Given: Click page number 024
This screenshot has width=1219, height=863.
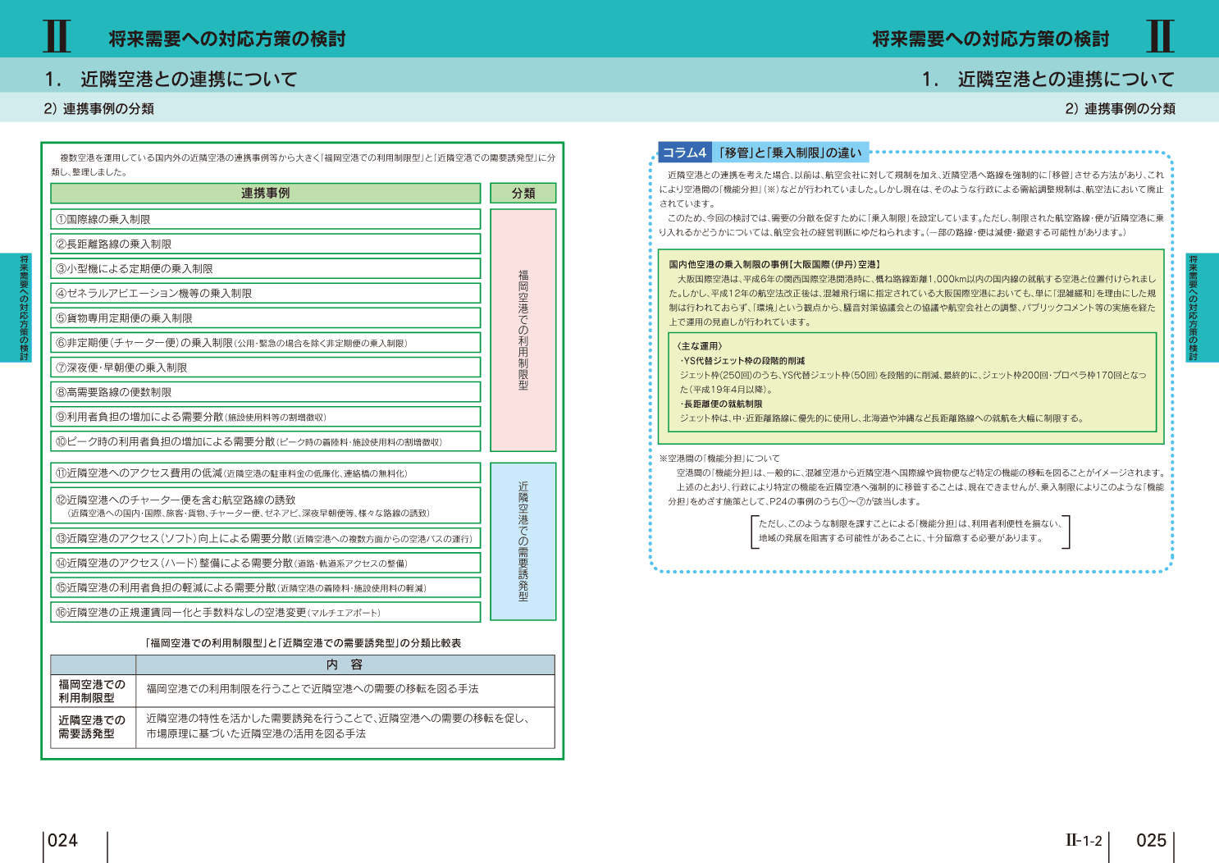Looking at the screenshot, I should click(63, 840).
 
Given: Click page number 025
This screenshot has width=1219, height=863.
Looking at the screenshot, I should click(1151, 840).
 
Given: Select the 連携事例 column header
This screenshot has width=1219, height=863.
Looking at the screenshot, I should click(265, 193).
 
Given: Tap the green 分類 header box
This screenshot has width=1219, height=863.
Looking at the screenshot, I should click(523, 193).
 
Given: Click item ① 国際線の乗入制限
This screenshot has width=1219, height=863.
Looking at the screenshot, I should click(103, 219).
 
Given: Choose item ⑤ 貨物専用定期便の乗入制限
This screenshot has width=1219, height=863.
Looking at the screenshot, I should click(124, 318).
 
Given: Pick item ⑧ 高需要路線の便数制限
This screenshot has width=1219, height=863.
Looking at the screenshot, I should click(114, 392).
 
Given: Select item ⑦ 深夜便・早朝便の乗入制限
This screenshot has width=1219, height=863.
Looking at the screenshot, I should click(121, 368).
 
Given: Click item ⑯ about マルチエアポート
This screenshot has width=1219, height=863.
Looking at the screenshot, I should click(218, 613).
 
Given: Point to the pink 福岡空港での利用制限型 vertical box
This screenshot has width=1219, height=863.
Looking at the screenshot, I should click(523, 330).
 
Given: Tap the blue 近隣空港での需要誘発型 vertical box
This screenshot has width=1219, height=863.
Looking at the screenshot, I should click(523, 541).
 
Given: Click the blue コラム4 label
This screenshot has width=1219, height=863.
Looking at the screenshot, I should click(684, 153).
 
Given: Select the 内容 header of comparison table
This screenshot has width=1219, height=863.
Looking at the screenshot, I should click(345, 664).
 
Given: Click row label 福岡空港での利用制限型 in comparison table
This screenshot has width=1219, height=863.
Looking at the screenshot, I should click(92, 691).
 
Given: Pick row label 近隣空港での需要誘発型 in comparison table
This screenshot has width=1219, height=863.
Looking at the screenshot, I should click(92, 727).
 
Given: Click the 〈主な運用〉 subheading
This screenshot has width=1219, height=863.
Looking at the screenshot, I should click(700, 346).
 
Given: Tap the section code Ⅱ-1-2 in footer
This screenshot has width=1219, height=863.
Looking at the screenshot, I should click(1084, 840).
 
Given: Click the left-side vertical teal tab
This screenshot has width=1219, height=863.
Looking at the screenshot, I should click(24, 308).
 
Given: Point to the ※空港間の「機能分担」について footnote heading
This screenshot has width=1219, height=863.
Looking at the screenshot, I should click(719, 459).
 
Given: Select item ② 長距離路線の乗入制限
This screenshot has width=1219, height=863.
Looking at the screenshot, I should click(114, 244).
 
